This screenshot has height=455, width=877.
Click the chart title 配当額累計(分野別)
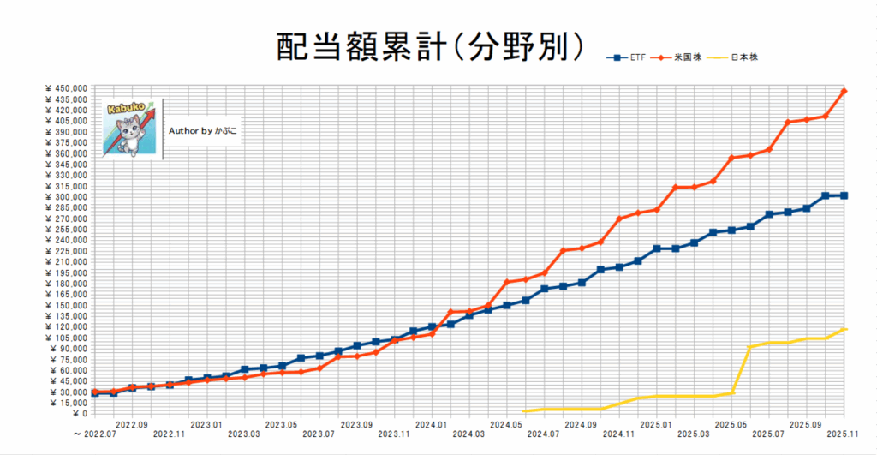pyautogui.click(x=430, y=47)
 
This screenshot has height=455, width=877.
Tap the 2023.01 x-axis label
pyautogui.click(x=206, y=424)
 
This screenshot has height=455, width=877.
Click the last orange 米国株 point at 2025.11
pyautogui.click(x=844, y=91)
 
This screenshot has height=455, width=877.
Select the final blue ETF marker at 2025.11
pyautogui.click(x=844, y=195)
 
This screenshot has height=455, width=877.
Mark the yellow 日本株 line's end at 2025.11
pyautogui.click(x=844, y=329)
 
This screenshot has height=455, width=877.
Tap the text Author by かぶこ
pyautogui.click(x=203, y=132)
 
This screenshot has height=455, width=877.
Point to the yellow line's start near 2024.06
pyautogui.click(x=525, y=411)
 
